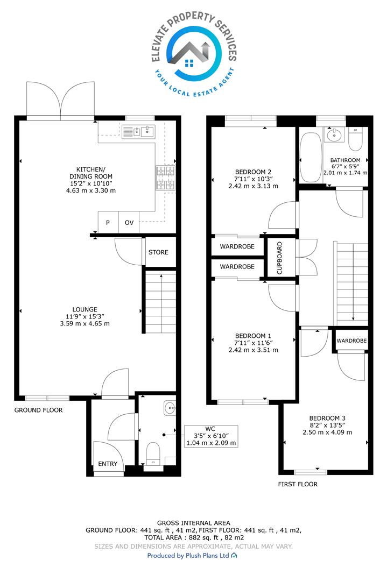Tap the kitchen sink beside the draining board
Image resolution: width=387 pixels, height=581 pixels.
(147, 131)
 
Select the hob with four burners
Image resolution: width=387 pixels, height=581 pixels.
(165, 178)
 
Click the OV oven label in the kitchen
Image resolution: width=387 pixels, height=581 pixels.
(129, 223)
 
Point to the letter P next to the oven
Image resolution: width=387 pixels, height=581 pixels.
(108, 223)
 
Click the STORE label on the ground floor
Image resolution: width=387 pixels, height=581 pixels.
(158, 252)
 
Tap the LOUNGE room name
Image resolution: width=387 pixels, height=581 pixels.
(85, 309)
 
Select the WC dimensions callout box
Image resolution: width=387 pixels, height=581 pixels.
(211, 436)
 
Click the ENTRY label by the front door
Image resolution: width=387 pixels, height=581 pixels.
(108, 464)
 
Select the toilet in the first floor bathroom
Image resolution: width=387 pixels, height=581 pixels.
(354, 139)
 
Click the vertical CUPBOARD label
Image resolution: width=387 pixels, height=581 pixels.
(279, 258)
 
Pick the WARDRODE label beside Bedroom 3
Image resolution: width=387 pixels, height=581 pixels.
(352, 341)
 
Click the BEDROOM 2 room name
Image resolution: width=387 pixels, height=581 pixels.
(253, 172)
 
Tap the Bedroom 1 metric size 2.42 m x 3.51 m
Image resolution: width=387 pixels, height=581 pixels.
(253, 350)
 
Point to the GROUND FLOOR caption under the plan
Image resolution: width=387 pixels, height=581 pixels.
(39, 410)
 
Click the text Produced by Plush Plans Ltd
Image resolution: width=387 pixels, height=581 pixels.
(188, 555)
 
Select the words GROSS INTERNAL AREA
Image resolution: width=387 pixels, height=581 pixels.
(194, 523)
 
